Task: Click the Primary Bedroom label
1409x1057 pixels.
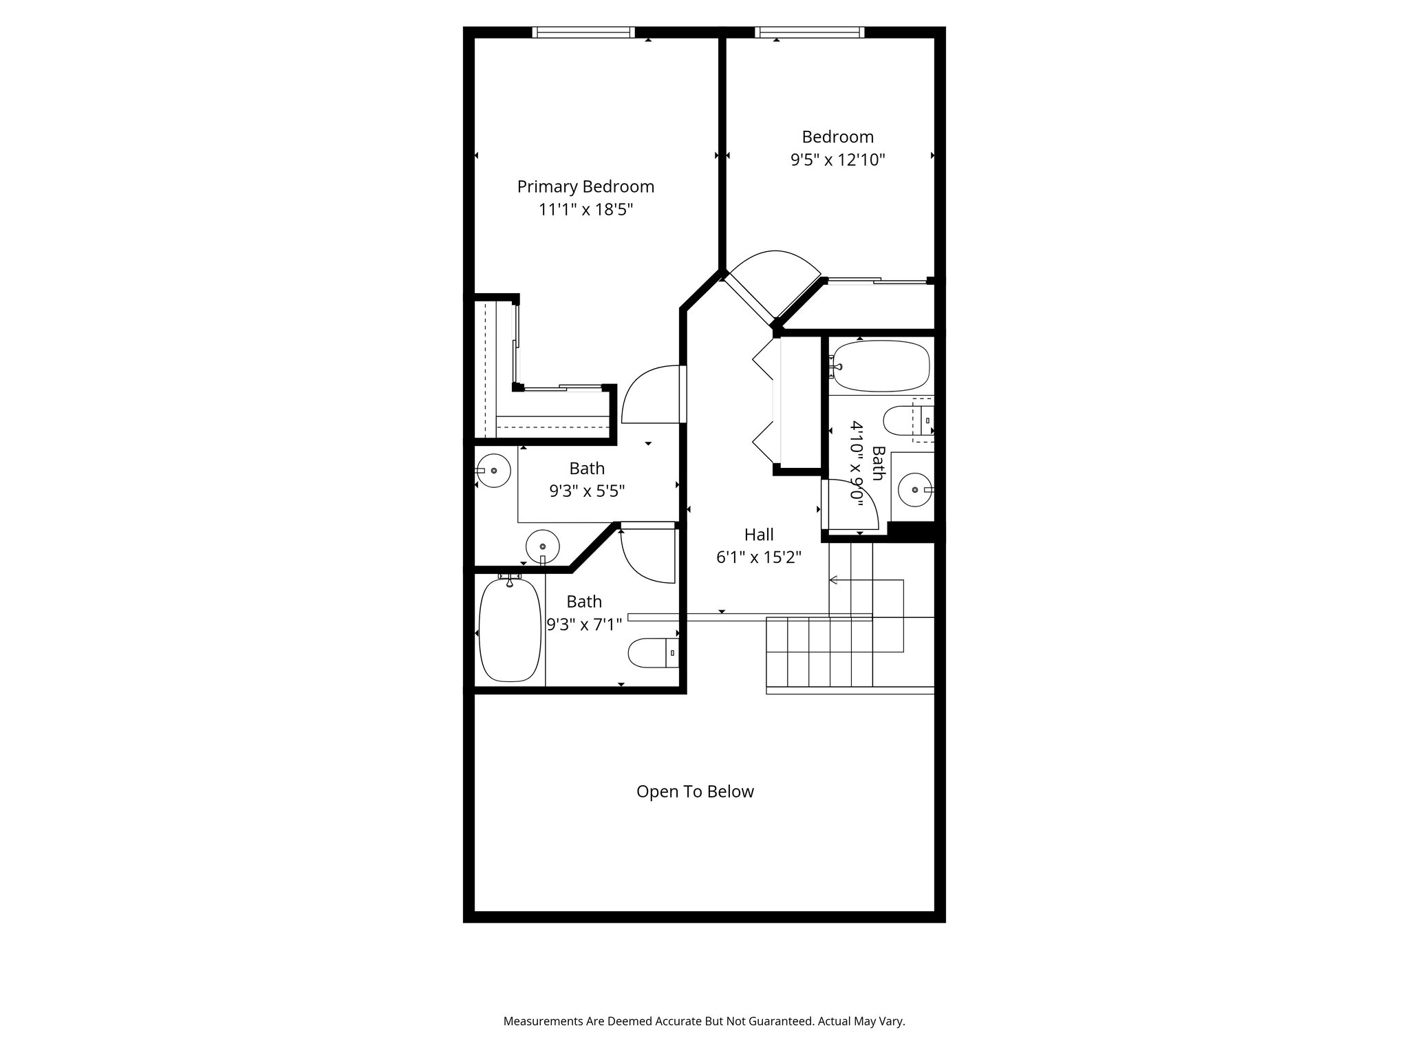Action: tap(585, 186)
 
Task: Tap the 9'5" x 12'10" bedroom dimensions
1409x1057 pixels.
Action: tap(837, 160)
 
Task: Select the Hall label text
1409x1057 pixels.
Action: tap(759, 535)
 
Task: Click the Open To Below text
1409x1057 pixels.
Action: tap(695, 791)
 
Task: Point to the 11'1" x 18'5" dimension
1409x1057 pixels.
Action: tap(585, 209)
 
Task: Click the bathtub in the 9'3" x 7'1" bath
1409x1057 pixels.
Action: tap(508, 630)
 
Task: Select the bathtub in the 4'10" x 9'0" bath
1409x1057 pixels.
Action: tap(881, 366)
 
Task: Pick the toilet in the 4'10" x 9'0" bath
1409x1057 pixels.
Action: tap(901, 420)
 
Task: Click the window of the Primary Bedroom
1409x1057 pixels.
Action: tap(583, 32)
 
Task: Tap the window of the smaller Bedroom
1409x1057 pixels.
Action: tap(808, 32)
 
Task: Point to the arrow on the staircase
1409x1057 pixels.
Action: tap(834, 580)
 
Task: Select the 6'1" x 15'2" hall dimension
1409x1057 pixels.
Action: tap(759, 557)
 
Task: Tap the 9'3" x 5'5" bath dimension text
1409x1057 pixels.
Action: tap(586, 491)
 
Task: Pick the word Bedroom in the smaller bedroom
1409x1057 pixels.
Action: tap(837, 137)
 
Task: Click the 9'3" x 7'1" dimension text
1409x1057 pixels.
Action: tap(584, 624)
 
